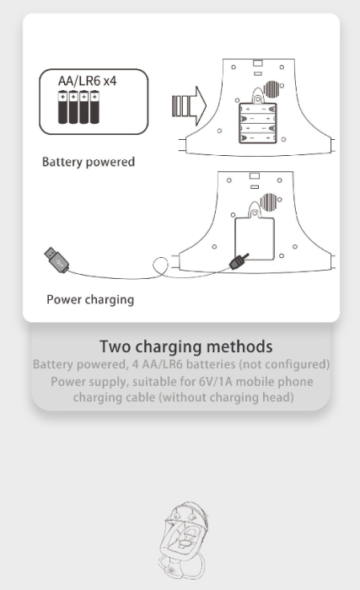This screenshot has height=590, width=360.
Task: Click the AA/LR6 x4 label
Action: (87, 81)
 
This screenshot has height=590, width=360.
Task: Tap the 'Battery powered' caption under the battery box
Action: (89, 162)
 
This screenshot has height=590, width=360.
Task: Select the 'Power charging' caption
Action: (90, 299)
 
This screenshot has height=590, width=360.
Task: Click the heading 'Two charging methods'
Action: (186, 346)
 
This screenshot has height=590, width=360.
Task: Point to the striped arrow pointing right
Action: (189, 106)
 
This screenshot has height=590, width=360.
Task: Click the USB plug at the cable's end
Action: (56, 260)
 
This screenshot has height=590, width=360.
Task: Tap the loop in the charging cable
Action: (160, 265)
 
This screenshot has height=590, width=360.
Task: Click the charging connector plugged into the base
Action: (239, 261)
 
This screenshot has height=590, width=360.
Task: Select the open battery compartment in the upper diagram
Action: (258, 123)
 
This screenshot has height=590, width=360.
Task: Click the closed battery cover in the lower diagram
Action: (255, 239)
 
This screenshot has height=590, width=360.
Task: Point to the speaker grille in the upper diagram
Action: (271, 89)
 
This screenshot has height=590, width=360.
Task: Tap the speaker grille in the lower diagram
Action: (270, 202)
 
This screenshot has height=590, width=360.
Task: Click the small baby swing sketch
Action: (184, 540)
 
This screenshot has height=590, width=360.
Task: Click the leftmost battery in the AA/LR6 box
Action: (62, 107)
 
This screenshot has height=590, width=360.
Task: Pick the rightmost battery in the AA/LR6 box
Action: (95, 107)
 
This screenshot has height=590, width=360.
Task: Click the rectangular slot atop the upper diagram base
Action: (258, 62)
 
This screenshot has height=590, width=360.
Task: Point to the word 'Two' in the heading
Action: (115, 346)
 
